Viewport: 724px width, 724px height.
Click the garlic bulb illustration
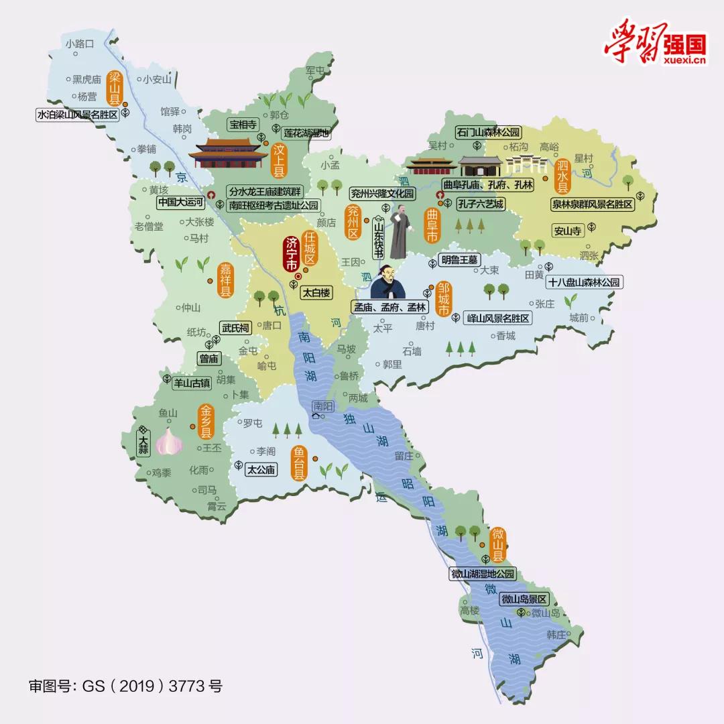point(168,441)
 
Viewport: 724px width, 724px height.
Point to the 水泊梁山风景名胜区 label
point(78,115)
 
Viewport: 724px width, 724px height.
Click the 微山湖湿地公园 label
point(483,574)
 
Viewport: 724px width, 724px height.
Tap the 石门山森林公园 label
point(488,132)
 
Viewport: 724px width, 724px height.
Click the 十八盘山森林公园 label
point(585,282)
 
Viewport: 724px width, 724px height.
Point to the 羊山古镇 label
point(192,383)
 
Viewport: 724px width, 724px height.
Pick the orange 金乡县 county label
point(206,422)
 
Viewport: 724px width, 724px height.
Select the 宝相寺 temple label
point(243,124)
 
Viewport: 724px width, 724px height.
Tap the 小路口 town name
point(82,44)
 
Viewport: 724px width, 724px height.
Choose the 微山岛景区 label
point(524,599)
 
